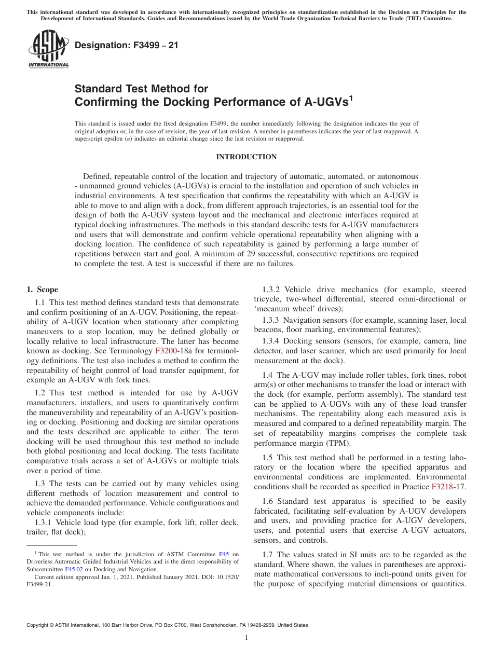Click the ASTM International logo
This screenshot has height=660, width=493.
[48, 49]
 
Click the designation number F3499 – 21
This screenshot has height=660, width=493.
[127, 45]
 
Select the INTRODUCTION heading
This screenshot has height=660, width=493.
[246, 157]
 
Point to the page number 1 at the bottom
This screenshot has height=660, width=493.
[246, 638]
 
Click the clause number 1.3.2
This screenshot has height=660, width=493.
[271, 290]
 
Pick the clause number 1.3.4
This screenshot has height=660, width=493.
[271, 341]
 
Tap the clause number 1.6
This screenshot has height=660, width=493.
[268, 501]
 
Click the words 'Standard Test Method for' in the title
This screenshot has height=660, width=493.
[141, 89]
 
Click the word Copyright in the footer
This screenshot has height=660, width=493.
[39, 626]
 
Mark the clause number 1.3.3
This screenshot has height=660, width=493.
[271, 320]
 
